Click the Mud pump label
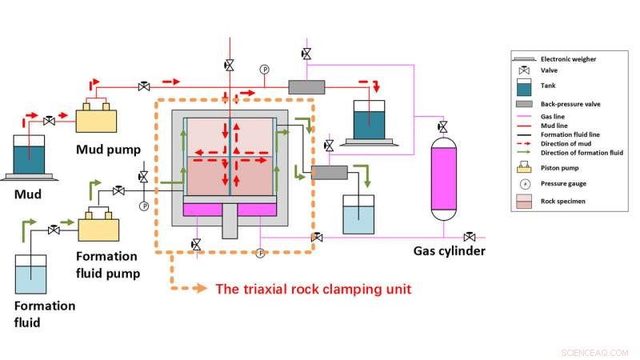pyautogui.click(x=110, y=149)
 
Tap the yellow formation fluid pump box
pyautogui.click(x=100, y=229)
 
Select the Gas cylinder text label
pyautogui.click(x=449, y=250)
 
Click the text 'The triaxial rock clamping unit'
pyautogui.click(x=314, y=289)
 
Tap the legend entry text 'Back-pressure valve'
pyautogui.click(x=570, y=104)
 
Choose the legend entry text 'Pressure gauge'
pyautogui.click(x=565, y=183)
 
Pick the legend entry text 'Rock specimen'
pyautogui.click(x=563, y=201)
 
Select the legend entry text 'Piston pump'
pyautogui.click(x=561, y=167)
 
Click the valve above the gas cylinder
pyautogui.click(x=442, y=127)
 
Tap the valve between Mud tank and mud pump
pyautogui.click(x=50, y=120)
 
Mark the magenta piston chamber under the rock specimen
pyautogui.click(x=230, y=209)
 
